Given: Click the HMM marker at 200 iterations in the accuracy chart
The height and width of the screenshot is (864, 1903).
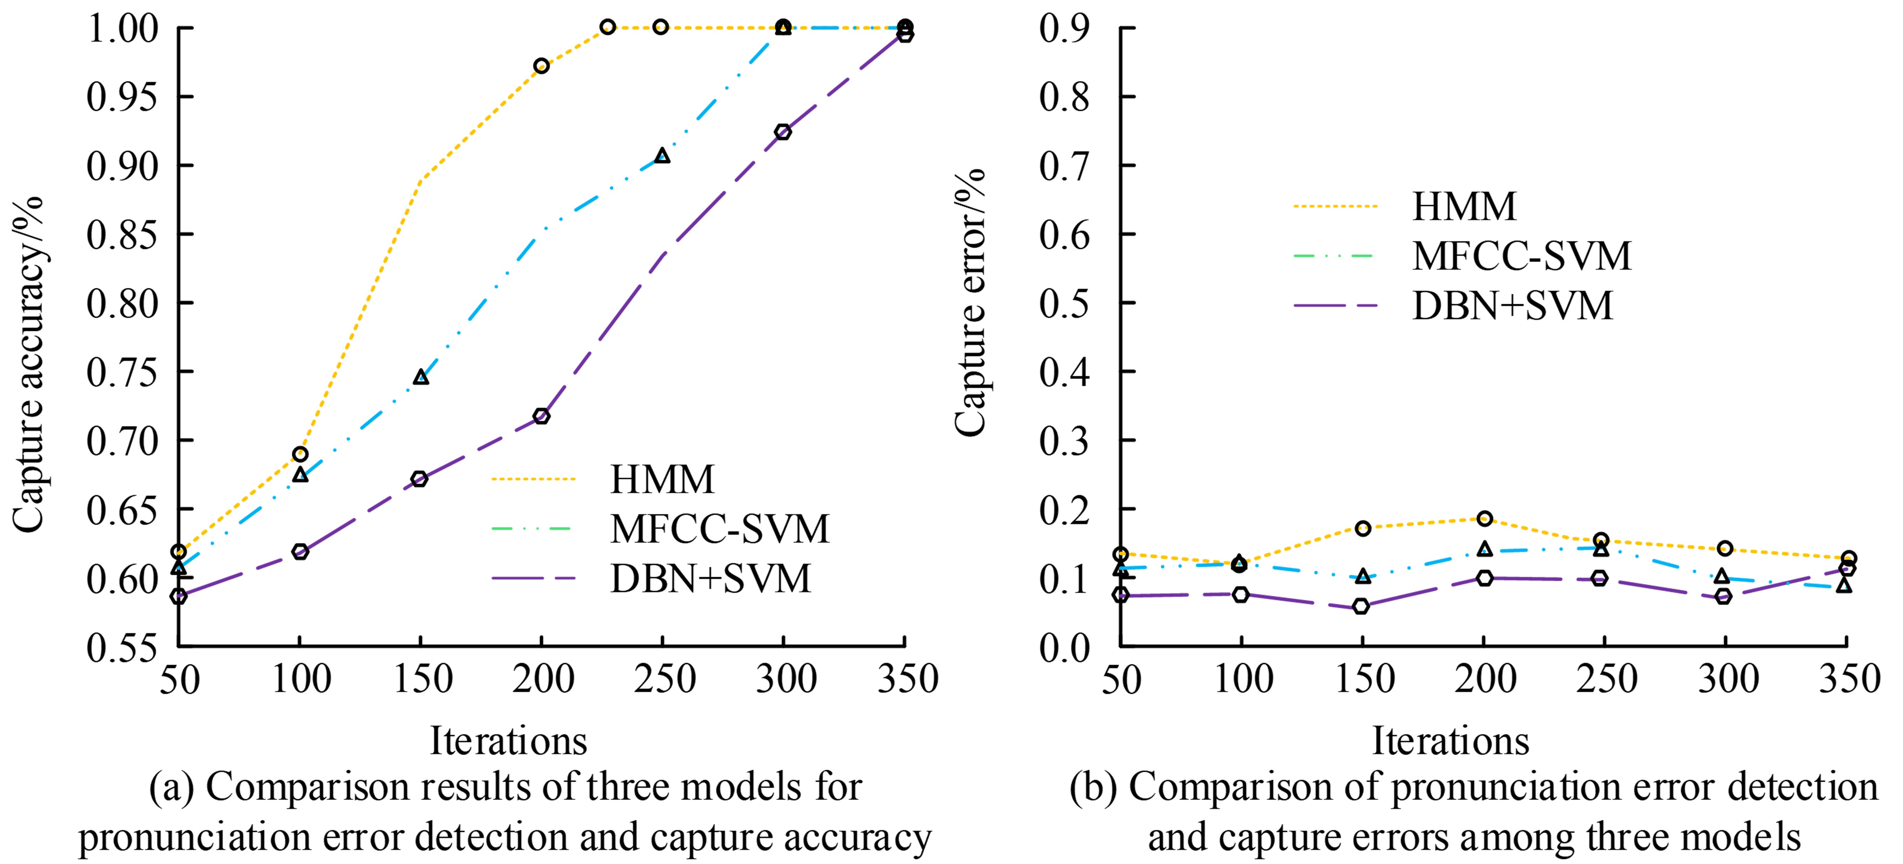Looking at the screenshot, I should [x=541, y=66].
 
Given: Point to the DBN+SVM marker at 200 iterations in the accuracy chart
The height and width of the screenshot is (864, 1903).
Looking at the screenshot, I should [x=541, y=416].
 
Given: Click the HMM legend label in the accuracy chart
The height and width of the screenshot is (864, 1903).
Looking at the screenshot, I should [x=662, y=479].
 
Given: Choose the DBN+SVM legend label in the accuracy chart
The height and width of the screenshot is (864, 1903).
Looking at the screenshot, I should [x=710, y=578].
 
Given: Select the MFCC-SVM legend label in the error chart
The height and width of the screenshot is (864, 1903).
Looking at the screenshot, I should [x=1521, y=256].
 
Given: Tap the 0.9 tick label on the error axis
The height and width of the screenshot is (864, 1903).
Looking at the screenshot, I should [x=1064, y=28].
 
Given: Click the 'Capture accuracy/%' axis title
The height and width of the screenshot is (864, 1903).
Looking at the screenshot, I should [x=28, y=364].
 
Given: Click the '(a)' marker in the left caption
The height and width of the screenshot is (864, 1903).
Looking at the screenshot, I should [x=171, y=788].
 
